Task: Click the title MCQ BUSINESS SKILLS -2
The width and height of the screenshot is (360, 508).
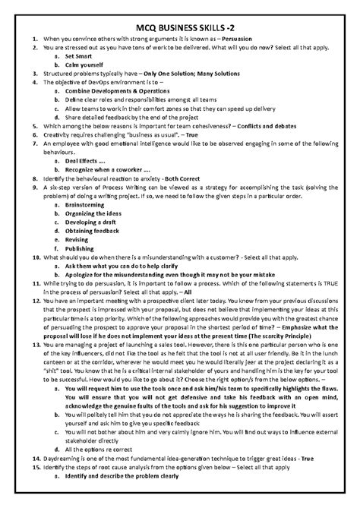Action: tap(180, 24)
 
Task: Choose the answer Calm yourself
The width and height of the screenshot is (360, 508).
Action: tap(85, 65)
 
